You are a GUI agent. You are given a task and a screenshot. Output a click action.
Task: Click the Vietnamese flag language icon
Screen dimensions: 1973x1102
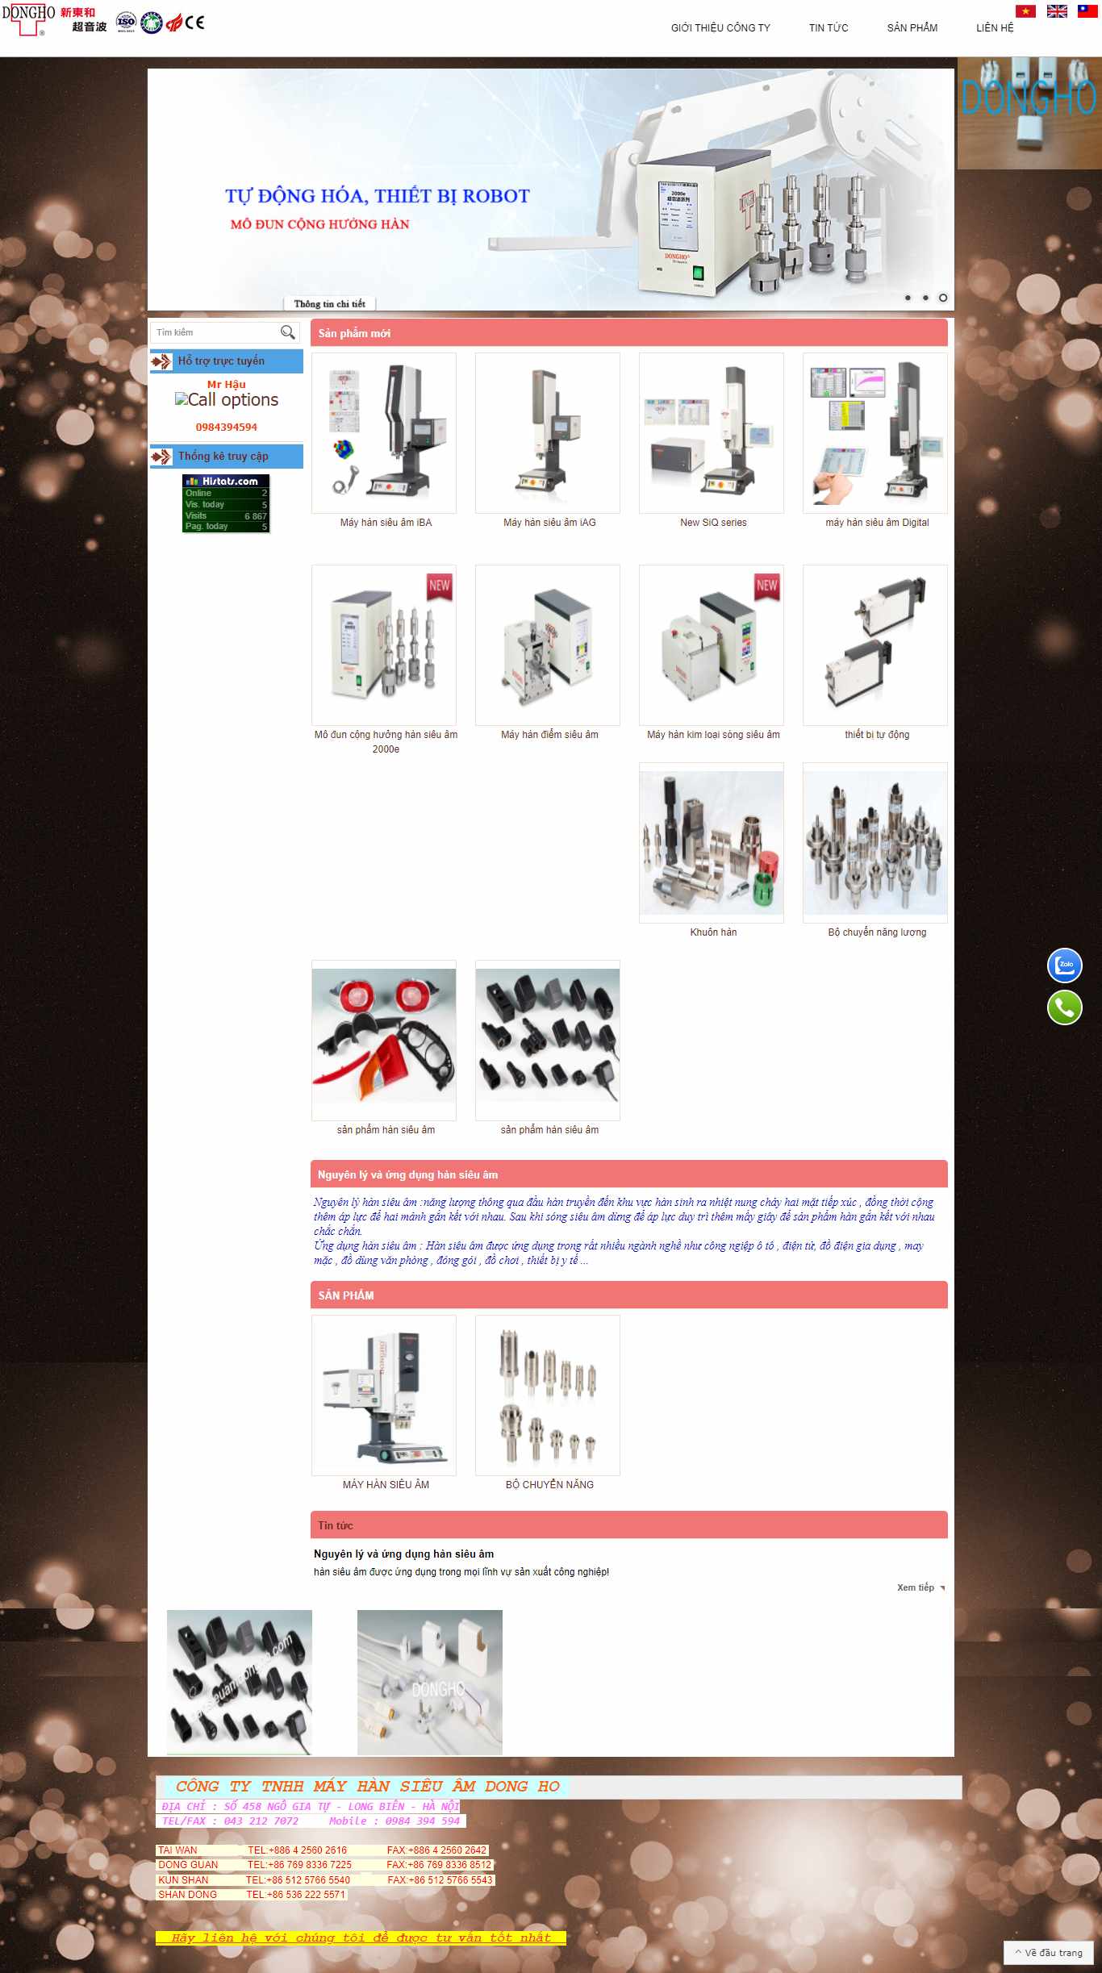[x=1025, y=11]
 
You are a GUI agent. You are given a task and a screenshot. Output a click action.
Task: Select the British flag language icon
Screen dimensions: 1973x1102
[x=1057, y=11]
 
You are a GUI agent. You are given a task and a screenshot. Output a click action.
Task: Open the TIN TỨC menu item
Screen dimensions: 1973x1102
[x=829, y=28]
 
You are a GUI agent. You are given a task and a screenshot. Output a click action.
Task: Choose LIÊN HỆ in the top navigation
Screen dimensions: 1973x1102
[x=995, y=28]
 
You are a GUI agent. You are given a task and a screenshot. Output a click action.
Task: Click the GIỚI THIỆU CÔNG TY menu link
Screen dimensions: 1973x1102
[x=720, y=28]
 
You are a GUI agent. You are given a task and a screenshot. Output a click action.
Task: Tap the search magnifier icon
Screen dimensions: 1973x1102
[x=287, y=332]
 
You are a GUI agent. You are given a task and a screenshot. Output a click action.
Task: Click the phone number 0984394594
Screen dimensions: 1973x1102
[x=226, y=428]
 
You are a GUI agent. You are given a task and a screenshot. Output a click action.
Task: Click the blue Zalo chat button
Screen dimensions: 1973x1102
[x=1064, y=965]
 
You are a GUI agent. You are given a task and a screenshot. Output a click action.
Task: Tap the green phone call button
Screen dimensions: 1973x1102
[x=1064, y=1007]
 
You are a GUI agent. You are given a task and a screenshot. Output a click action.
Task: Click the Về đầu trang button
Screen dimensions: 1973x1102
[x=1049, y=1953]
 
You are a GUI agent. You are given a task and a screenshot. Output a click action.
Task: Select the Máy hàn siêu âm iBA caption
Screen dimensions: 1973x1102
[x=386, y=523]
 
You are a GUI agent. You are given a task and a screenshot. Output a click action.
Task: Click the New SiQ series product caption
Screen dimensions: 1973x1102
[x=713, y=523]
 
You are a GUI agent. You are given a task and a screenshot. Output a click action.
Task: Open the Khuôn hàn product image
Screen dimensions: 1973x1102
[x=711, y=842]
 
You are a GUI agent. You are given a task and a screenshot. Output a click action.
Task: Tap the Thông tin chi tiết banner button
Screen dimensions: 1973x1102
[x=329, y=304]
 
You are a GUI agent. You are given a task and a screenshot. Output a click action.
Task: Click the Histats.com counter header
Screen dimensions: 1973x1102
[x=226, y=482]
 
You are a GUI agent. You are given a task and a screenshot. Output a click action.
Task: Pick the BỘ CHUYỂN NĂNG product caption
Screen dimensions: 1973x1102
[x=549, y=1484]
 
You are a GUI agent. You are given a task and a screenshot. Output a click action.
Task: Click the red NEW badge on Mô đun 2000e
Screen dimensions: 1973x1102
[x=440, y=586]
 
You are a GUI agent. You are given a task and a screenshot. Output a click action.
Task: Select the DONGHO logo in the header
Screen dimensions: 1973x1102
[x=28, y=19]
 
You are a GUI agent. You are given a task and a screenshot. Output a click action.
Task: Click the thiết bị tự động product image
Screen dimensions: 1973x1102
[x=875, y=645]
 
